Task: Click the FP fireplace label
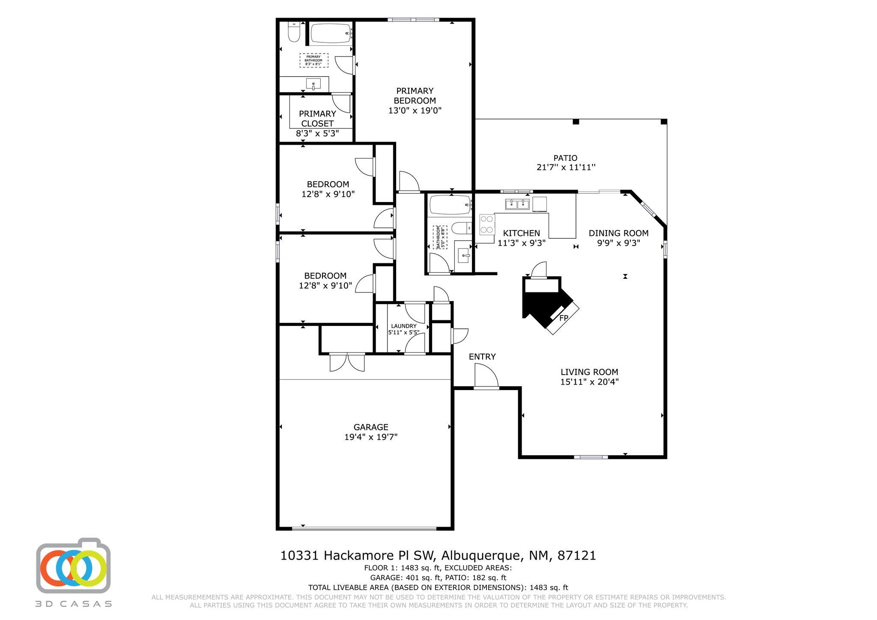564,318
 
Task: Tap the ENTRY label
482,357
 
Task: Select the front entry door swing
486,376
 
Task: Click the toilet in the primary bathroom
294,32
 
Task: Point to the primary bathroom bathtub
331,33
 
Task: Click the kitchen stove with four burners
487,224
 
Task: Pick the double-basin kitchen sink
517,204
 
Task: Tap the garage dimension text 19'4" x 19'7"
371,437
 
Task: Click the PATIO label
565,158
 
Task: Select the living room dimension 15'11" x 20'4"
589,382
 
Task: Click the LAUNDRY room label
403,326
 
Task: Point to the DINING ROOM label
618,233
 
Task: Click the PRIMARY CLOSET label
317,119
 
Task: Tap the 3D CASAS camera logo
73,566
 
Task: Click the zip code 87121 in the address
576,556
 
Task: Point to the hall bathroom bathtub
450,205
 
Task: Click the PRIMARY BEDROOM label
415,95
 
